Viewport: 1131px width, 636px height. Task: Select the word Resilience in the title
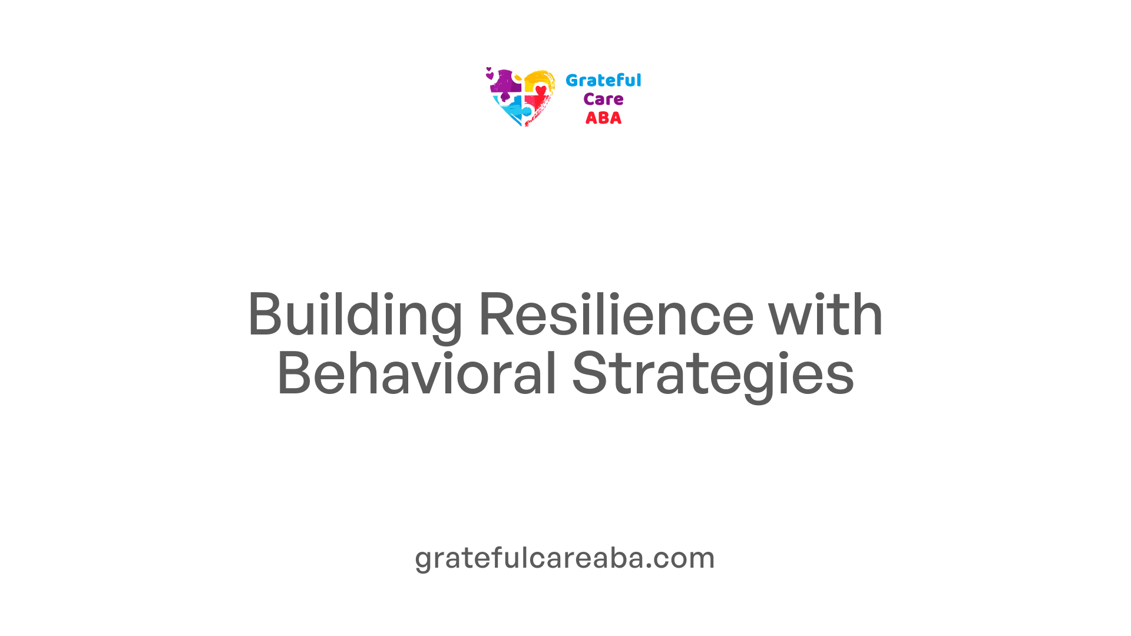pos(616,314)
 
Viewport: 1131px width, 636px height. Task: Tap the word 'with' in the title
pos(825,314)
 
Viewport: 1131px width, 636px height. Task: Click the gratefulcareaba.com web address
pos(564,558)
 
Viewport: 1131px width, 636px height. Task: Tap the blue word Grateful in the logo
pos(603,80)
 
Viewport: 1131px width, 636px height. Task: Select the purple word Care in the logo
pos(603,99)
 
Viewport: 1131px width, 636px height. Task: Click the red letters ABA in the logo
pos(603,118)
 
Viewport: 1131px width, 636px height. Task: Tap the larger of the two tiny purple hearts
pos(490,75)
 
